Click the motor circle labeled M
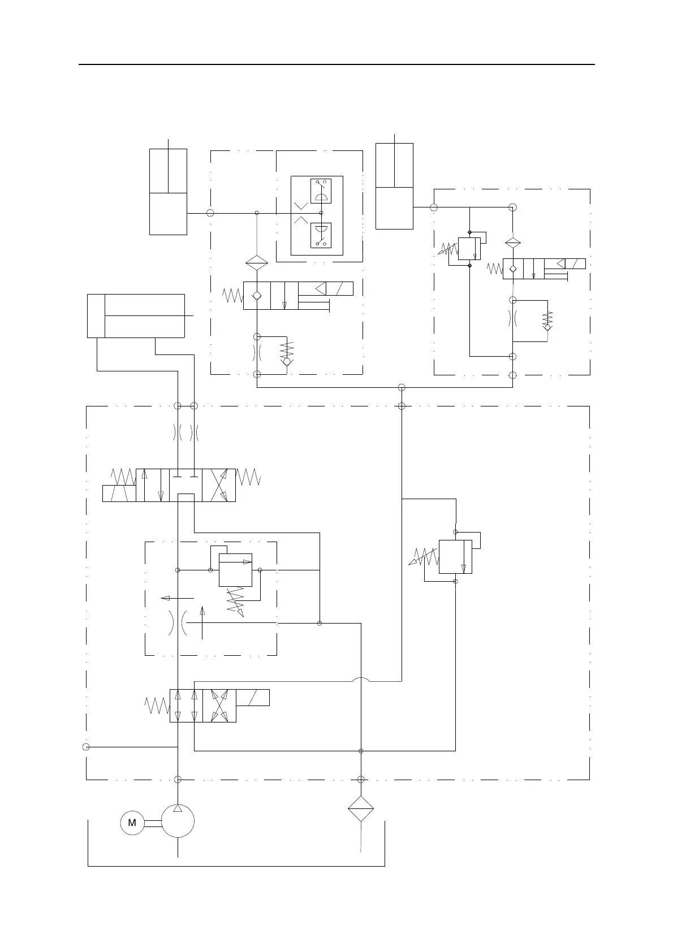point(132,823)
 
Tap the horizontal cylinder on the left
point(136,315)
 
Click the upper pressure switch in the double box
point(321,191)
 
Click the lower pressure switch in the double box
point(321,235)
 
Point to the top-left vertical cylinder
point(168,192)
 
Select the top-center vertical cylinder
point(394,186)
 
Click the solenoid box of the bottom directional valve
point(253,698)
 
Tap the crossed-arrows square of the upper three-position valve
point(219,485)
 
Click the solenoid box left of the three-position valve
point(119,493)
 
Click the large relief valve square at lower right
point(455,556)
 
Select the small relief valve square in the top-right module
point(469,248)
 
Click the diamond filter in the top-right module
point(512,243)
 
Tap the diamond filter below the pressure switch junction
point(257,263)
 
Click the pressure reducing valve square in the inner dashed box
point(235,570)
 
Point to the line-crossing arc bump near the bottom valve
point(361,681)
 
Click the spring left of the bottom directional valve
point(157,706)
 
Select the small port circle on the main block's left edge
point(86,747)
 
